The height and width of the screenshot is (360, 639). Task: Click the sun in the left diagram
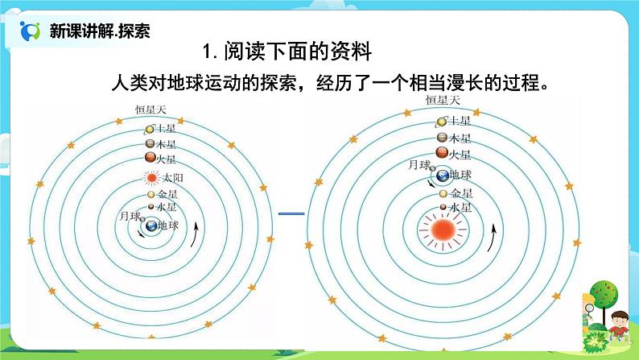click(x=150, y=178)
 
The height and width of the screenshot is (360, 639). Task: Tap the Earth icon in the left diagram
click(x=150, y=228)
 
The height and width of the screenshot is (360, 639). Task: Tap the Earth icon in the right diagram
click(x=441, y=176)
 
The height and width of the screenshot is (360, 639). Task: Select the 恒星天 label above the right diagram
click(x=442, y=100)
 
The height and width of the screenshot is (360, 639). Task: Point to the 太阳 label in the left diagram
click(x=173, y=178)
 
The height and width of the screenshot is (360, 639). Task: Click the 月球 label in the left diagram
click(x=129, y=216)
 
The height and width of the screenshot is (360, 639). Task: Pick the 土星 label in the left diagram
click(x=166, y=129)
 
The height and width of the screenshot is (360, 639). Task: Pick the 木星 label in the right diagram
click(x=459, y=137)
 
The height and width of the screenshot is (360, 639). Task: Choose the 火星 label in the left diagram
click(x=166, y=159)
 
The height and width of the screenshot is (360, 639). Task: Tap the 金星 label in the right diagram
click(x=461, y=193)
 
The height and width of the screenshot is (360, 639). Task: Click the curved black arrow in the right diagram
click(x=492, y=238)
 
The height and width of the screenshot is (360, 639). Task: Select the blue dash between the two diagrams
click(x=291, y=213)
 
